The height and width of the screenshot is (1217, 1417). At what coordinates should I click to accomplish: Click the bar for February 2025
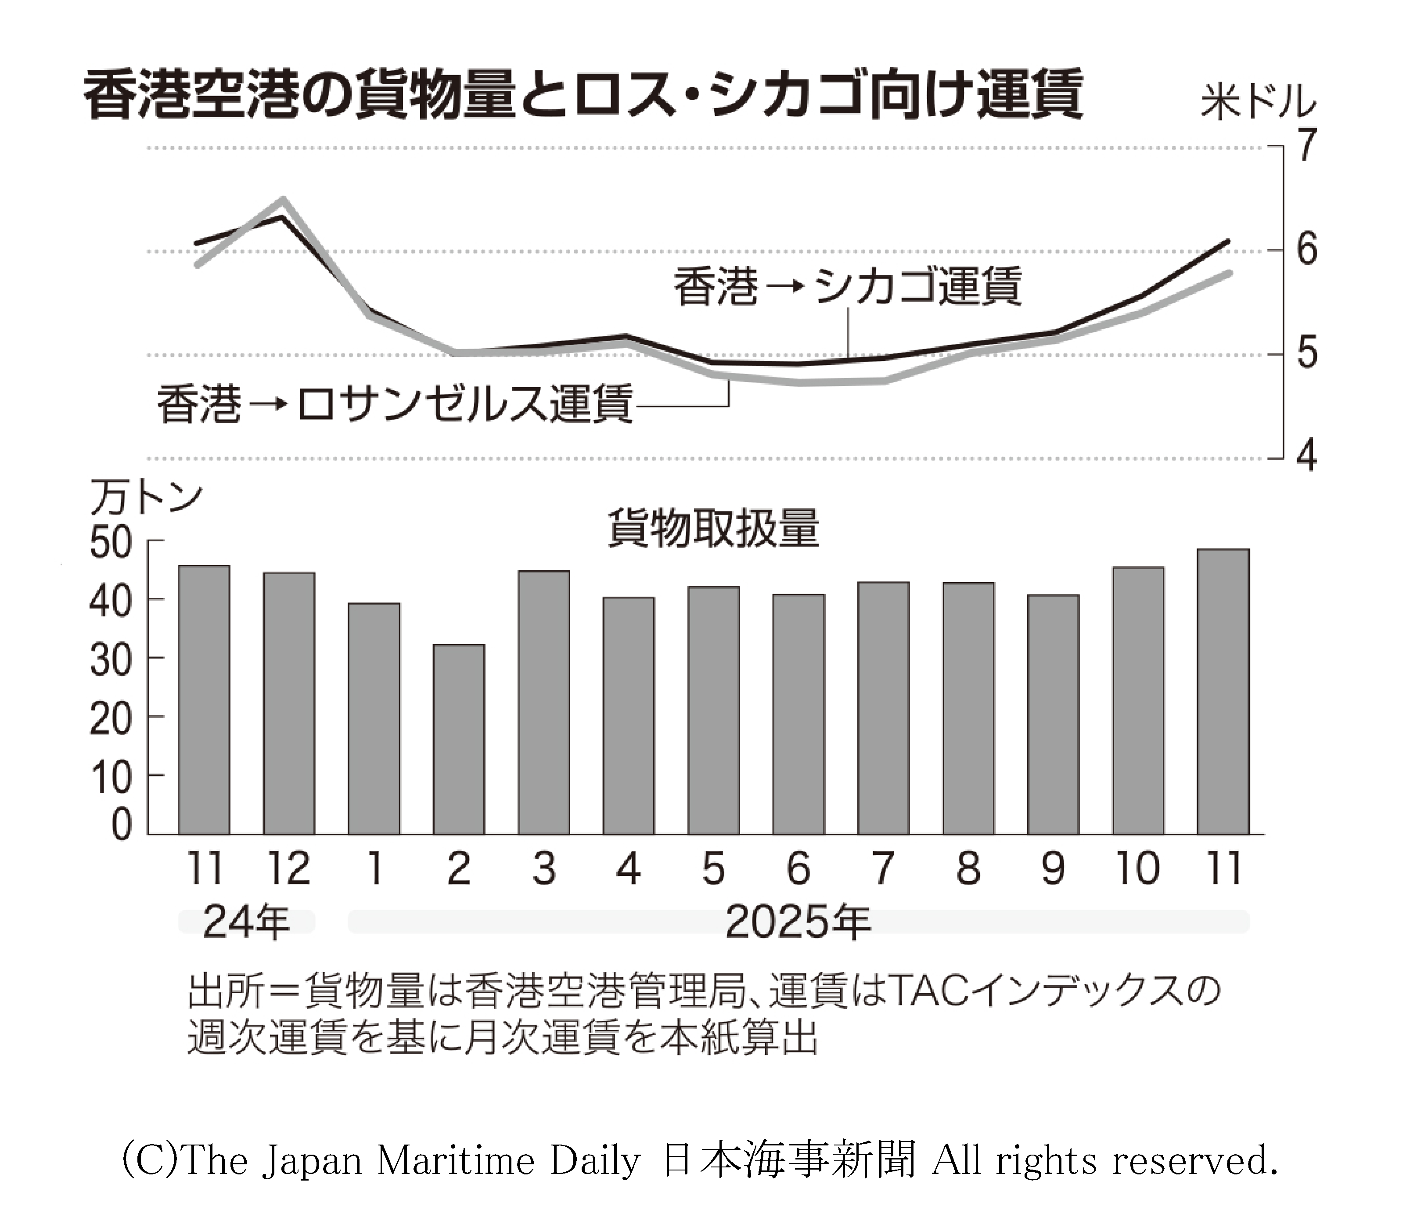tap(459, 739)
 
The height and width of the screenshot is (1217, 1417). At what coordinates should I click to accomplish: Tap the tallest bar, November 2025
tap(1223, 691)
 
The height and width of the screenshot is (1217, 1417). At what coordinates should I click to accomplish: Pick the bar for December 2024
tap(289, 703)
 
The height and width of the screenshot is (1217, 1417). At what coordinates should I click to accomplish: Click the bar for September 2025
tap(1053, 714)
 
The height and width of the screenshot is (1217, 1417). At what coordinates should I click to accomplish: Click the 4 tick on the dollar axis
tap(1307, 456)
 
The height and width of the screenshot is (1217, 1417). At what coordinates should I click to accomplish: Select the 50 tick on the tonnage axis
tap(110, 544)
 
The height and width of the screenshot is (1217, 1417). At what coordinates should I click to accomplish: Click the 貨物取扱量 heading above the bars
tap(713, 528)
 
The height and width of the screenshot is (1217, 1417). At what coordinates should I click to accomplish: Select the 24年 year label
tap(246, 922)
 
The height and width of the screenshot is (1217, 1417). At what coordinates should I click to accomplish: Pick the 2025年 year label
tap(798, 922)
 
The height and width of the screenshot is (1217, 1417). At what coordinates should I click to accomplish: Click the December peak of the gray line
tap(283, 200)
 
